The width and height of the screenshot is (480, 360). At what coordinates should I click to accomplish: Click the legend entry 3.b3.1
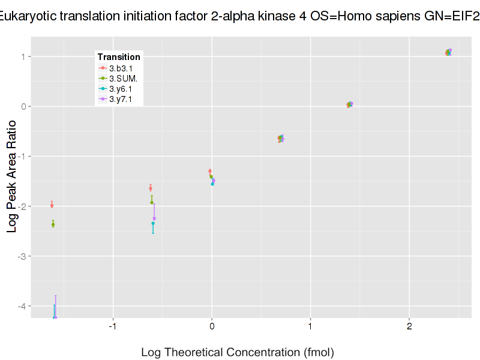(x=120, y=68)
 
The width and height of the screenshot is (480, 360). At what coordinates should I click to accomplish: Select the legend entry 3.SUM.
(x=122, y=79)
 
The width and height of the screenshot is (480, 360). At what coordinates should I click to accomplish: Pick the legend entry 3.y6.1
(x=120, y=89)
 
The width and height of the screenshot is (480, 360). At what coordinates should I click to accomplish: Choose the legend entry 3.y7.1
(x=120, y=99)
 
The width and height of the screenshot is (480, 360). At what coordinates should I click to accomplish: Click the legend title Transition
(x=119, y=57)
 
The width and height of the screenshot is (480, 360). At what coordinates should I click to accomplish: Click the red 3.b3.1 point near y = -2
(x=52, y=205)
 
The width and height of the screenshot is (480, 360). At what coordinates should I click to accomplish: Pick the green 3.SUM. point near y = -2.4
(x=53, y=224)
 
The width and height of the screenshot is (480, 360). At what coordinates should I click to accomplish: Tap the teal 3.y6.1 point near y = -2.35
(x=153, y=223)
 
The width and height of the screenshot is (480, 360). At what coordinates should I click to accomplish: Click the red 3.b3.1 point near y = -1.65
(x=150, y=188)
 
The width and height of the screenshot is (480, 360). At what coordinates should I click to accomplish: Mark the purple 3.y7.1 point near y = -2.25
(x=154, y=218)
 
